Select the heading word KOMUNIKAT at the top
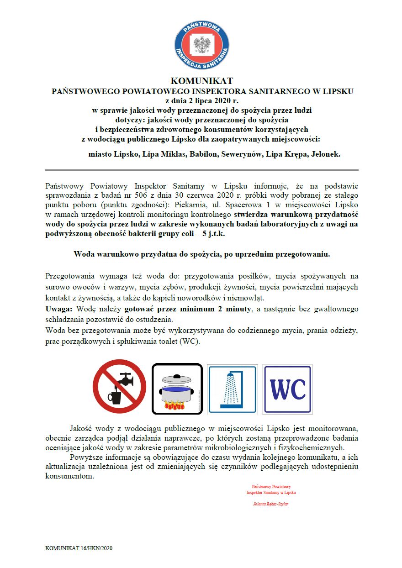[x=201, y=81]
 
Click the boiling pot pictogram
[x=177, y=389]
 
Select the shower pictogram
[x=232, y=389]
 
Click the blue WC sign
[x=287, y=389]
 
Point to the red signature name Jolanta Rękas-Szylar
[x=271, y=504]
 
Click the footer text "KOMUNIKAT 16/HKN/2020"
[x=79, y=548]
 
